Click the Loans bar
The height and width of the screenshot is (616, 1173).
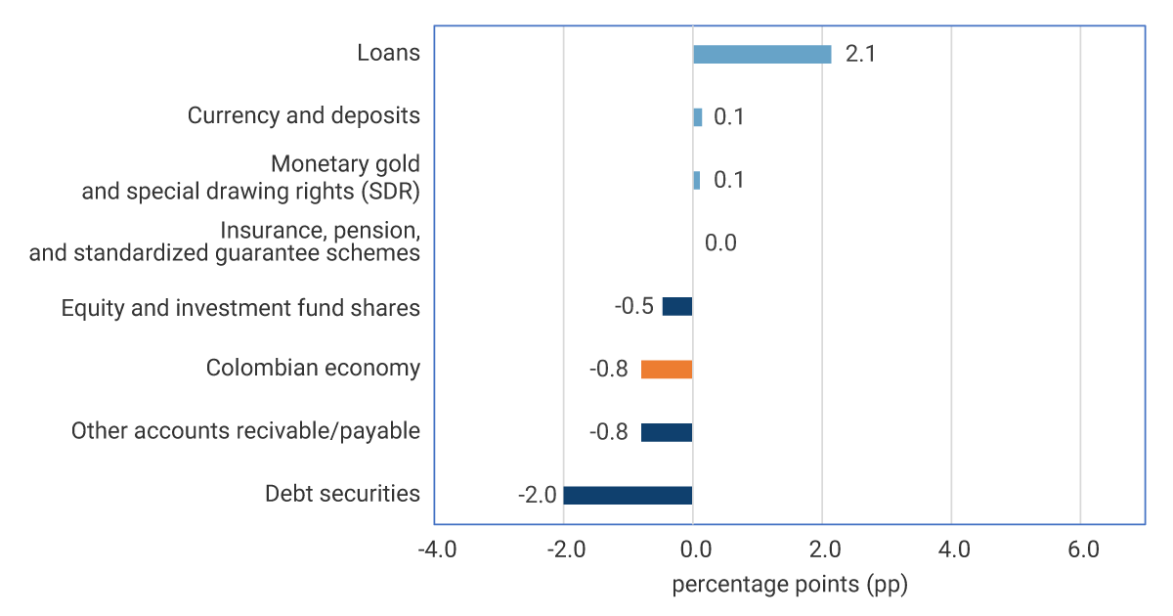pos(761,54)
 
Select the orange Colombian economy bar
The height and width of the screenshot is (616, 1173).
pos(667,370)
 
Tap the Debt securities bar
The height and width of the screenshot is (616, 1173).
pos(628,495)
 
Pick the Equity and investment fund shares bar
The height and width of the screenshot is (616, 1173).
pos(677,306)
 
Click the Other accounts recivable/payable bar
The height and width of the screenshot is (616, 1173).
pos(667,432)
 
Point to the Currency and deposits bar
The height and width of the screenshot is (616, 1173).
pos(697,117)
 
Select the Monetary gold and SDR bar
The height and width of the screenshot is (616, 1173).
pos(696,180)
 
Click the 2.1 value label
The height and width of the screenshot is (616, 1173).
pos(860,54)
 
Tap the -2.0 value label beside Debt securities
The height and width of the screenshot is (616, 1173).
pos(538,495)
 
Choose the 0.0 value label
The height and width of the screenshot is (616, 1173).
pos(720,243)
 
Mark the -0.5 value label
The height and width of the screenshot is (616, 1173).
pos(633,306)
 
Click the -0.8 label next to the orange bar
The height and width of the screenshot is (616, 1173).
pos(608,370)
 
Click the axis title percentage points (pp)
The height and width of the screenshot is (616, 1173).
pos(790,586)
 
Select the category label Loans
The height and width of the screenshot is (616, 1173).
pos(388,53)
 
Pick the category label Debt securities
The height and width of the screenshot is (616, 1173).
pos(342,494)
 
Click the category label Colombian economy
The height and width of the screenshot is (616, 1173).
pos(313,369)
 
